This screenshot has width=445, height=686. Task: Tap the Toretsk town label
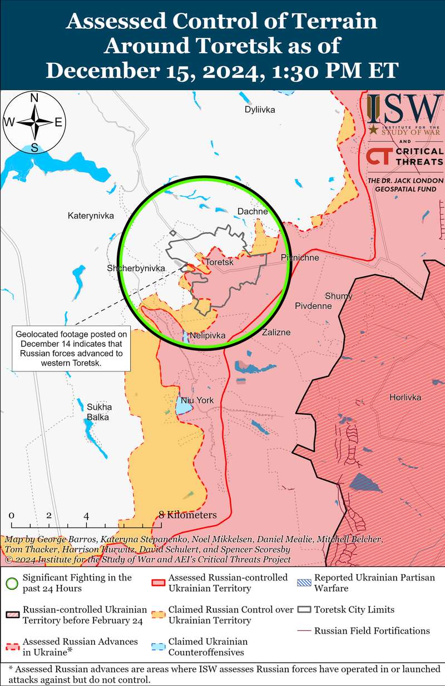220,262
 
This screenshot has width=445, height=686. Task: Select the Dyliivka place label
260,110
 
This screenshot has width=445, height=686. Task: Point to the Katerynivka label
91,216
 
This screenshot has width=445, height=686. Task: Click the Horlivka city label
405,397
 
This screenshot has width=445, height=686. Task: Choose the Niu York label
197,400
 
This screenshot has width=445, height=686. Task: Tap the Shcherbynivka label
136,268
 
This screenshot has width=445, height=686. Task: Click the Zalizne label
276,332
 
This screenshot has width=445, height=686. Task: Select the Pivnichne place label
300,258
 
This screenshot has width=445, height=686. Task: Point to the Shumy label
338,296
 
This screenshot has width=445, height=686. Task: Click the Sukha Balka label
98,411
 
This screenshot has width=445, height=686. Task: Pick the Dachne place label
253,211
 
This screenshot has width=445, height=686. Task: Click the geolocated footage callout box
70,349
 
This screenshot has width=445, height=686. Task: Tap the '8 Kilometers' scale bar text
187,515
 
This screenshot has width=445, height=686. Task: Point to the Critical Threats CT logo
377,157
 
